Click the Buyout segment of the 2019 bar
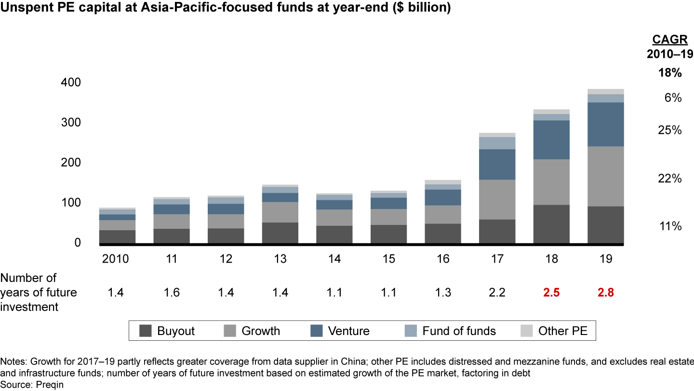605,225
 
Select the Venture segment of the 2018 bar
551,140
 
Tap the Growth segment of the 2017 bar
497,199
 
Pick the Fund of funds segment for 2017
497,143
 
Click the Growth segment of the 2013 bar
280,212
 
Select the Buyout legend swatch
146,331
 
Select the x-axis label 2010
116,259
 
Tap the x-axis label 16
443,259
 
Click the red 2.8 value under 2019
605,293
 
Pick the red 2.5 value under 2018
551,293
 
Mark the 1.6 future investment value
172,293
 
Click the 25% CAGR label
670,130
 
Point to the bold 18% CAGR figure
670,73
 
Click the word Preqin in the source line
50,385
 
